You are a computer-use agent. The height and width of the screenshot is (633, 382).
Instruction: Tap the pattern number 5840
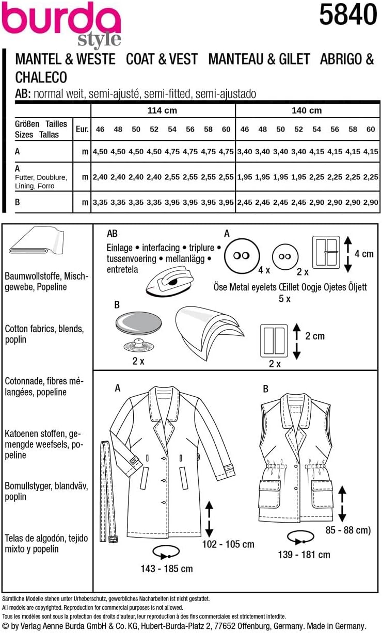tap(347, 15)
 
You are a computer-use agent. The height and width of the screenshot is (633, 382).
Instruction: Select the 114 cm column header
tap(163, 110)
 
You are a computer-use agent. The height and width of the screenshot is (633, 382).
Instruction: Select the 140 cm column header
tap(307, 110)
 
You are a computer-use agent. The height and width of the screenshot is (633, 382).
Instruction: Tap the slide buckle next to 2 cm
tap(275, 341)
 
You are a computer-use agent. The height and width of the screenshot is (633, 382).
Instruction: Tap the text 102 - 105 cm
tap(228, 544)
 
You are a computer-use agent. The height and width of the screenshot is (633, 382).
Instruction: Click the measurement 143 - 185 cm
tap(167, 569)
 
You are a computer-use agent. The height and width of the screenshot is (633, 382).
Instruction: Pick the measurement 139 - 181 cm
tap(304, 555)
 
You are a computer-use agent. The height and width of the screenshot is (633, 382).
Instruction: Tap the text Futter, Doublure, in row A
tap(41, 177)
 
